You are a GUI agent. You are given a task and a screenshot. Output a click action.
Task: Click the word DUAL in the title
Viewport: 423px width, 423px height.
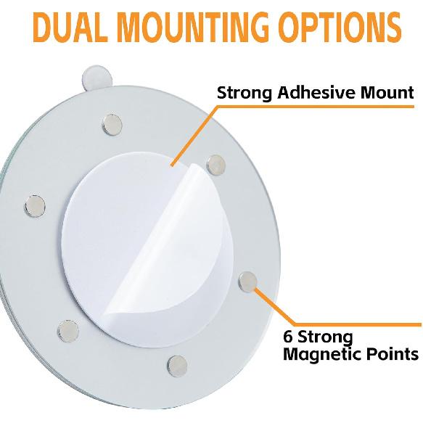point(70,27)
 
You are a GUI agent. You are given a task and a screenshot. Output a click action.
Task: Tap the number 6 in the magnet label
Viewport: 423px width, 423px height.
point(288,337)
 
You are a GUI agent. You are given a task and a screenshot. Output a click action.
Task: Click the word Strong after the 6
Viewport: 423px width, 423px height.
point(325,337)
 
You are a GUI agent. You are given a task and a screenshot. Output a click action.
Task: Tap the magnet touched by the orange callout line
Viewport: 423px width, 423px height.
point(248,282)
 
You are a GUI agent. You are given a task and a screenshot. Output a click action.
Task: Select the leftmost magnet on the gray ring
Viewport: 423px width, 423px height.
point(35,206)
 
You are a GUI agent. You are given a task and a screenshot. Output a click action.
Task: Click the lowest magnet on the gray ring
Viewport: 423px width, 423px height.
point(177,366)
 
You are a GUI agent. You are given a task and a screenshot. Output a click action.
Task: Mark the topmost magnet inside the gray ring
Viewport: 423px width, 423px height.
point(112,125)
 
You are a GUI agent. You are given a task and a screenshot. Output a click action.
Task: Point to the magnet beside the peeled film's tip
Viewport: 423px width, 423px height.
point(215,165)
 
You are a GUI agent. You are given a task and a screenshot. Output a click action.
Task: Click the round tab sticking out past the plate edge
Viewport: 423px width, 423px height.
point(96,78)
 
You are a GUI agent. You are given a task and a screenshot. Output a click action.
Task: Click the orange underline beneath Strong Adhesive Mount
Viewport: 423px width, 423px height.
point(316,107)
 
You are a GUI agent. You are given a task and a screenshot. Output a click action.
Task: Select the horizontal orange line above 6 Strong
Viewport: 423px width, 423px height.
point(358,324)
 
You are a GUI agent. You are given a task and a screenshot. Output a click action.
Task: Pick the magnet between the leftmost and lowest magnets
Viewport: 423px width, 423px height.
point(68,331)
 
